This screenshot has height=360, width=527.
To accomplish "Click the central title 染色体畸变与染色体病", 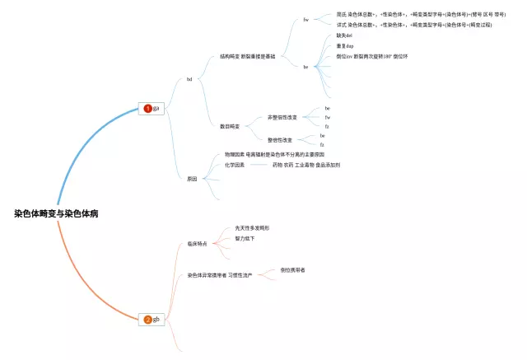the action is click(56, 213).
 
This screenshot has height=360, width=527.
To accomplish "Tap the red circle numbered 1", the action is click(147, 108).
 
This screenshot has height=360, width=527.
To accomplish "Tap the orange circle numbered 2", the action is click(147, 319).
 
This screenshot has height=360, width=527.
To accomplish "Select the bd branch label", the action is click(189, 79).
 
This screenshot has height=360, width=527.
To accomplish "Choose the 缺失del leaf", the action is click(345, 35).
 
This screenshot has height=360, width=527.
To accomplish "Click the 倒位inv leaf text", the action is click(372, 56).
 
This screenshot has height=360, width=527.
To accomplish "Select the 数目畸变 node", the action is click(230, 126).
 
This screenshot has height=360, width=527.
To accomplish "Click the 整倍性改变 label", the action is click(280, 140).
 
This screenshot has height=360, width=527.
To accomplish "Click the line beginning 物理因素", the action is click(274, 155).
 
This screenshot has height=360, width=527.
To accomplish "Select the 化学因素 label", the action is click(235, 165).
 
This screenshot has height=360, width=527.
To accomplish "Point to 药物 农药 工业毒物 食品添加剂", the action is click(306, 165).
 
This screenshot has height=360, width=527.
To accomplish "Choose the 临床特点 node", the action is click(196, 244).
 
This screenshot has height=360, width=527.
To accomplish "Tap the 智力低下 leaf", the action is click(239, 238).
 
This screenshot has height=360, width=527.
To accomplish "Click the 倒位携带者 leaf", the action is click(292, 269).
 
